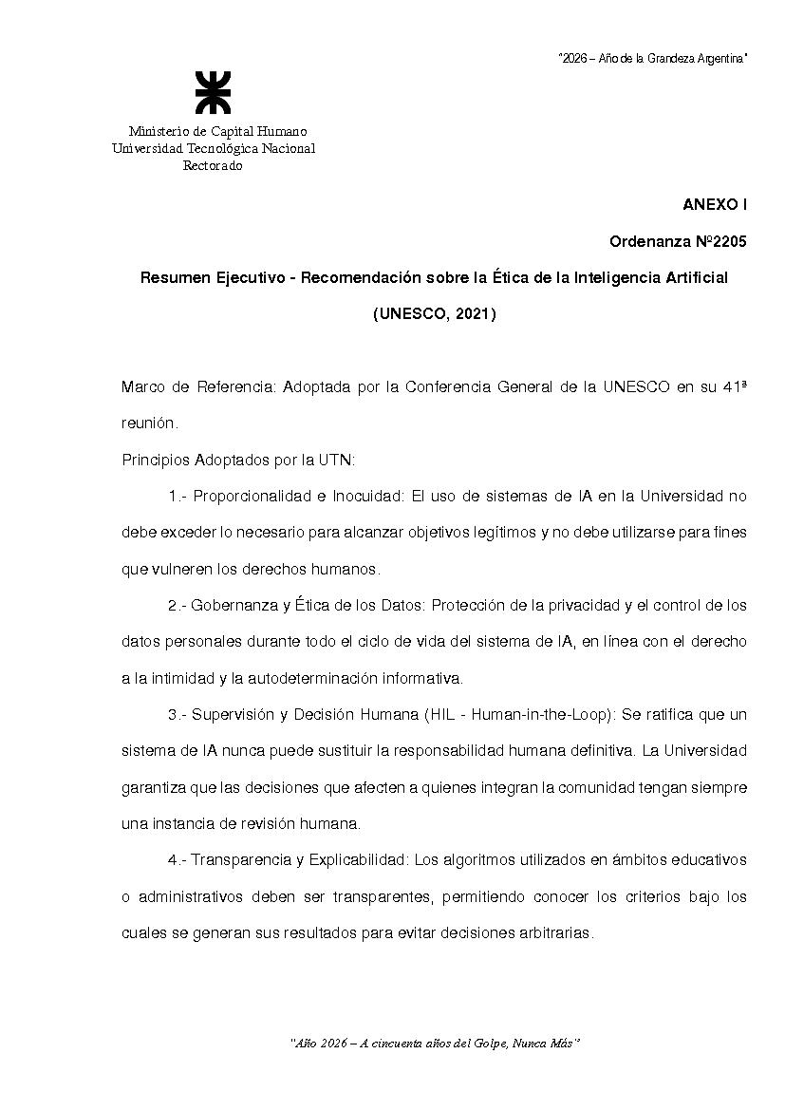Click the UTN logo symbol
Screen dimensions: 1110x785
click(x=213, y=92)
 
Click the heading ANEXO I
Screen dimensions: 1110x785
click(x=715, y=205)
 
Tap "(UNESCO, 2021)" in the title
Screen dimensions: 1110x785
click(x=434, y=313)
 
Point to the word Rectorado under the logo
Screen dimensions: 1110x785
click(x=213, y=166)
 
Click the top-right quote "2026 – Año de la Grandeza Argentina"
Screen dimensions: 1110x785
click(x=652, y=59)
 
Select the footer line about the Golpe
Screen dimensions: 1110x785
click(x=434, y=1043)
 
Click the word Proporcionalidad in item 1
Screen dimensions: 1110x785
click(x=252, y=497)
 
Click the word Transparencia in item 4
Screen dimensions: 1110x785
click(x=241, y=860)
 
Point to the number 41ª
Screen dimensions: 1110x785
click(x=735, y=387)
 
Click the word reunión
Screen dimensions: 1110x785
click(x=149, y=423)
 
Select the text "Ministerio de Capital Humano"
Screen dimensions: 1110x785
click(x=217, y=131)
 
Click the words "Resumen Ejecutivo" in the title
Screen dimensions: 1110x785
click(x=201, y=277)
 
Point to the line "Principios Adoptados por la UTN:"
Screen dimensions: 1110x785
click(x=238, y=461)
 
